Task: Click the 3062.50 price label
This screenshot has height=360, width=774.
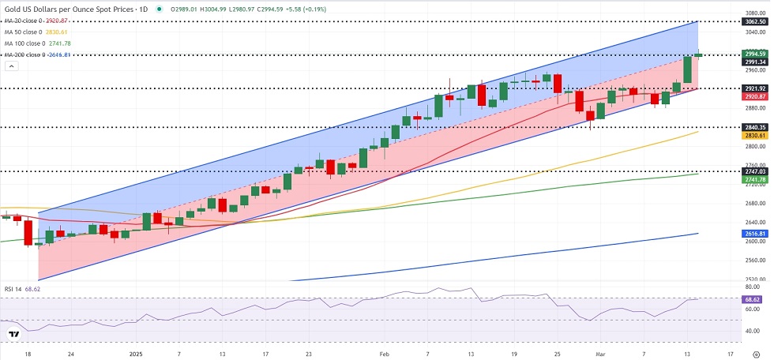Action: [x=755, y=23]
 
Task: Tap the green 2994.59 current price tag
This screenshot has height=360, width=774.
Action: [x=755, y=54]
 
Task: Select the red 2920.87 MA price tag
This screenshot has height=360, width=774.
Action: [x=755, y=96]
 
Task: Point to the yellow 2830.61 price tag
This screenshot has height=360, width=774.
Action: [x=755, y=135]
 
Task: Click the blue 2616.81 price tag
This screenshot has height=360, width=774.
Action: [x=755, y=234]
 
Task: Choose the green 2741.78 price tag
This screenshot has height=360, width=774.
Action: [x=755, y=180]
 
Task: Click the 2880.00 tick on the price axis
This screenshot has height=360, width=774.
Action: [x=755, y=108]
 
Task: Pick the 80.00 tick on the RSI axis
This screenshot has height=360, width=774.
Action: [x=753, y=287]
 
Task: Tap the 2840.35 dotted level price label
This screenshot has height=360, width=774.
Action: [x=755, y=126]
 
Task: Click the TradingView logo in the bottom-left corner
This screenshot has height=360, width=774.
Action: [x=14, y=334]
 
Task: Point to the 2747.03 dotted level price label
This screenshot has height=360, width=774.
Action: [x=755, y=171]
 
